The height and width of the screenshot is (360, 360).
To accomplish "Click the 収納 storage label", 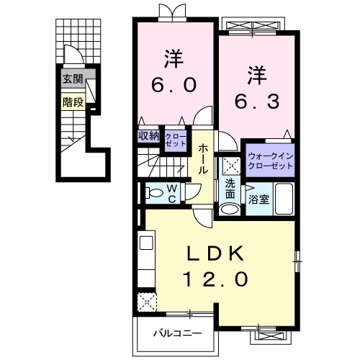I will pyautogui.click(x=150, y=135).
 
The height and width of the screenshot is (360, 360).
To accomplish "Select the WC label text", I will pyautogui.click(x=173, y=192).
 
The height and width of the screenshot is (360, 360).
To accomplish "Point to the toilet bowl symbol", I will pyautogui.click(x=153, y=192).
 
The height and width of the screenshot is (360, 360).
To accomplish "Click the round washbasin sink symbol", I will pyautogui.click(x=229, y=210).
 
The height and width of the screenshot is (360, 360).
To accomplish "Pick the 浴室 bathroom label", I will pyautogui.click(x=259, y=199).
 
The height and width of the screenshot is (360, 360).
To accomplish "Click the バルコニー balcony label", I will pyautogui.click(x=176, y=333).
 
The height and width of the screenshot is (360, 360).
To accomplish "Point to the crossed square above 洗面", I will pyautogui.click(x=230, y=164).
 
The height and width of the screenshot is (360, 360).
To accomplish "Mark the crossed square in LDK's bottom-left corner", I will pyautogui.click(x=148, y=301).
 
